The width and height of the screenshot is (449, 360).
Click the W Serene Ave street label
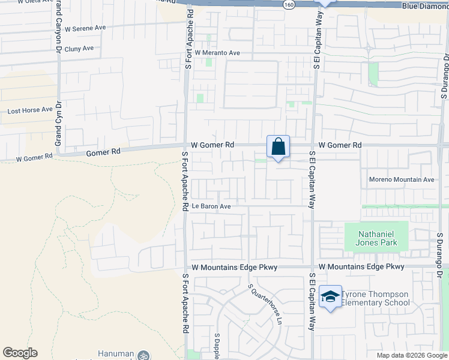coord(85,28)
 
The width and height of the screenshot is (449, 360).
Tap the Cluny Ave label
coord(80,49)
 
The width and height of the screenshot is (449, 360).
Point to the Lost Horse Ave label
coord(30,111)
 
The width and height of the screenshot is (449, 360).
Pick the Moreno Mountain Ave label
coord(402,179)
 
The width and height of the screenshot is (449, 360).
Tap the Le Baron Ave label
coord(211,206)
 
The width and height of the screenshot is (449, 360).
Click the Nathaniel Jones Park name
coord(378,238)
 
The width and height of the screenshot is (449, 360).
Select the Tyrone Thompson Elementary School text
coord(375,298)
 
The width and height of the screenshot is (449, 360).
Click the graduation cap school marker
coord(330,296)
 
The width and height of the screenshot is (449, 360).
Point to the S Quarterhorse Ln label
coord(265,304)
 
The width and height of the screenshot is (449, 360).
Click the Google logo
coord(20,353)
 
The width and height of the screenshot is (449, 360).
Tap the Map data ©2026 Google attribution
coord(412,355)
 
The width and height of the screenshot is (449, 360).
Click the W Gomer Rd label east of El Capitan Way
coord(340,145)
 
